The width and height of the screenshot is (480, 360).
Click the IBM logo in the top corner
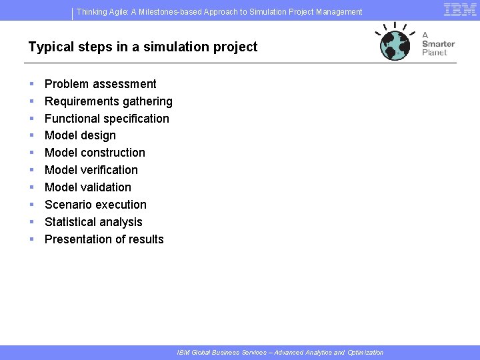pos(460,9)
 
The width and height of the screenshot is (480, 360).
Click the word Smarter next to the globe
pos(438,44)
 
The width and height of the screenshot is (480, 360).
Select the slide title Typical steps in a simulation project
pos(143,47)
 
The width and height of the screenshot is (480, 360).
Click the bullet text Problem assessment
pos(101,84)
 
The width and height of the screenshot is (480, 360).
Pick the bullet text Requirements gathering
pos(109,101)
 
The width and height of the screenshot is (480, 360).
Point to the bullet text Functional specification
pos(107,119)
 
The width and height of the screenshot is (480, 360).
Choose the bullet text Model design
pos(80,135)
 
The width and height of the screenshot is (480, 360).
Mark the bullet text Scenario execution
pos(95,205)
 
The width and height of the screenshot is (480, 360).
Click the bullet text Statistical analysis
pos(93,222)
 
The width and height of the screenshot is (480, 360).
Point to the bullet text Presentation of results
pos(104,239)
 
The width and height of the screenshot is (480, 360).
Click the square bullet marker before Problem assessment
pos(32,84)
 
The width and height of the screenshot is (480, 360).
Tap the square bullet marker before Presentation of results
pos(32,239)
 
